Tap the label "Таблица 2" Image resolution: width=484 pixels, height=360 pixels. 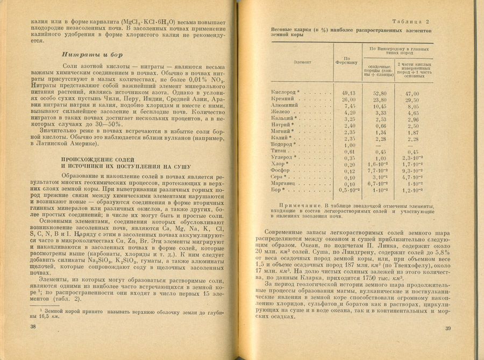pyautogui.click(x=411, y=21)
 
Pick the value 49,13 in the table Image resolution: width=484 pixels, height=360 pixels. pyautogui.click(x=349, y=93)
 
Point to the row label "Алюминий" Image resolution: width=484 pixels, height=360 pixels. pyautogui.click(x=283, y=106)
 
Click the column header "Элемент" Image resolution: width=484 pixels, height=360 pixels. pyautogui.click(x=302, y=62)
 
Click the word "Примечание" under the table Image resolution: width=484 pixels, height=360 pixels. pyautogui.click(x=302, y=206)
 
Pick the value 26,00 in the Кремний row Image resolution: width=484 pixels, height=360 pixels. pyautogui.click(x=349, y=100)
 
